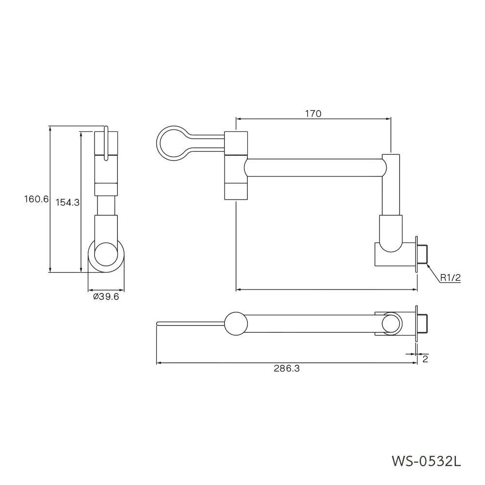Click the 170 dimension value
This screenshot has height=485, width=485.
click(x=313, y=114)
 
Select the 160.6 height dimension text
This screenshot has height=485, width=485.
click(x=36, y=199)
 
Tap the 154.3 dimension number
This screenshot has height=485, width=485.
click(x=67, y=203)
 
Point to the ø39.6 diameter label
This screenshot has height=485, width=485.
click(x=106, y=297)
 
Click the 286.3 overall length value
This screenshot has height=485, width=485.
click(x=287, y=369)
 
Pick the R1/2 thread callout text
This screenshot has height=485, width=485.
click(x=451, y=278)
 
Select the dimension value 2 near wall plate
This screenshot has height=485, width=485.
click(x=425, y=359)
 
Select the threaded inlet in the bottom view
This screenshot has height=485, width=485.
click(x=422, y=323)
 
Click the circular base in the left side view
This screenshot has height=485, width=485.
click(x=89, y=257)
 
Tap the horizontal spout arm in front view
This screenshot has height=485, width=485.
click(x=315, y=168)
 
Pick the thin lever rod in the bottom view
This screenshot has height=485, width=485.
click(x=191, y=323)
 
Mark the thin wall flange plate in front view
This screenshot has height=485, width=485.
click(x=416, y=254)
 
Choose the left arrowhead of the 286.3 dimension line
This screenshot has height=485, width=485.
click(x=159, y=362)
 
